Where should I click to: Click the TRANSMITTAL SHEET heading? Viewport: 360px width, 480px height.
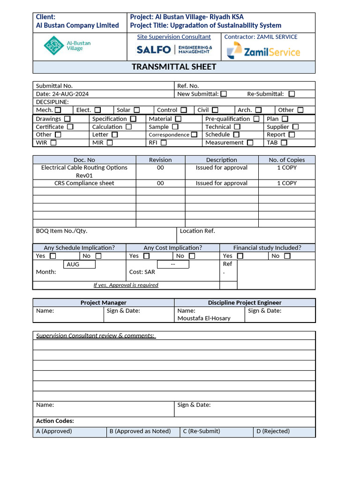click(174, 67)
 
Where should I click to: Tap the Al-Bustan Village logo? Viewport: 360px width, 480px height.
click(67, 45)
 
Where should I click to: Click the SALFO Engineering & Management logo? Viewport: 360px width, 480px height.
click(174, 50)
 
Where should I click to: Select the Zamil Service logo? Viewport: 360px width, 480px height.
click(263, 51)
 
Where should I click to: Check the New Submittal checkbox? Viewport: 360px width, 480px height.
click(224, 94)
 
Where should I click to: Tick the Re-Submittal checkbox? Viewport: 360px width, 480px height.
click(292, 94)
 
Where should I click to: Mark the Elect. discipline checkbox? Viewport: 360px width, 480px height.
click(97, 110)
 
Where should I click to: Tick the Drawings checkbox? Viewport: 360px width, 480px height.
click(67, 119)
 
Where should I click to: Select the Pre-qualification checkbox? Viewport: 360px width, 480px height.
click(256, 119)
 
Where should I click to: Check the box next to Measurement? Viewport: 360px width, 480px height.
click(250, 142)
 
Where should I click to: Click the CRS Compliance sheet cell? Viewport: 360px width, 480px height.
click(84, 183)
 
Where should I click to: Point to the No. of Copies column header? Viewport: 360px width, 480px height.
click(286, 160)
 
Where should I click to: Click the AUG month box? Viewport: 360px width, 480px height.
click(79, 264)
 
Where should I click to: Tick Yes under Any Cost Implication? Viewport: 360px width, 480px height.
click(146, 256)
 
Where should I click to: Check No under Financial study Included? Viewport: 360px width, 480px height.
click(287, 256)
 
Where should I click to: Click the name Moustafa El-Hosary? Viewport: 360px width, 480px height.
click(204, 318)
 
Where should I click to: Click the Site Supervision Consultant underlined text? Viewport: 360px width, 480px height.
click(174, 37)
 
